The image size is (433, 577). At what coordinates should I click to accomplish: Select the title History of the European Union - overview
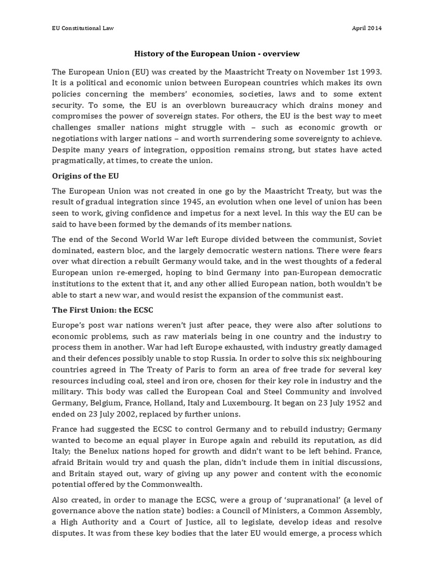pyautogui.click(x=216, y=54)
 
